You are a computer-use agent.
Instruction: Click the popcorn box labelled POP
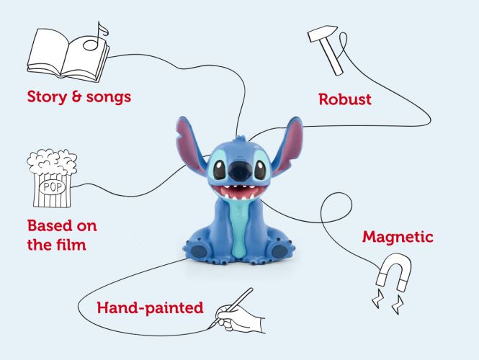tap(52, 179)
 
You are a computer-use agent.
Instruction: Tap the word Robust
tap(345, 99)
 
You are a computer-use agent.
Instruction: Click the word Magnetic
tap(398, 237)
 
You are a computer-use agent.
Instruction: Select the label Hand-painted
tap(150, 307)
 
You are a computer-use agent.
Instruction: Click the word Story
tap(47, 97)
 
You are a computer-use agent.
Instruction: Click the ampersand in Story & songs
tap(76, 96)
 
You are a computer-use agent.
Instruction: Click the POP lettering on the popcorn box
tap(53, 187)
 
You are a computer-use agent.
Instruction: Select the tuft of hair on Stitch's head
tap(241, 140)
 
